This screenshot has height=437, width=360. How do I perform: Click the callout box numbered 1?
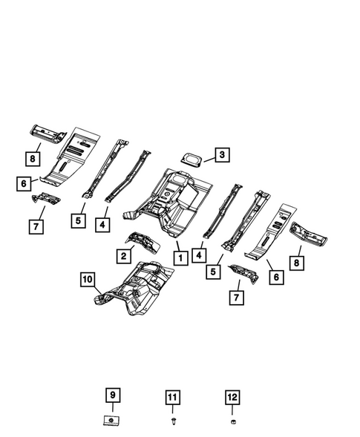tap(179, 257)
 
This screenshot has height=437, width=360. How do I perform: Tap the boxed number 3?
tap(223, 155)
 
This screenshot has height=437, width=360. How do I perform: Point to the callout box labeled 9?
tap(112, 395)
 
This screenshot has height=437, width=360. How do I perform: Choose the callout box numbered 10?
tap(88, 280)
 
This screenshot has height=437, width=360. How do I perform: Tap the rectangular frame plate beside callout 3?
tap(192, 158)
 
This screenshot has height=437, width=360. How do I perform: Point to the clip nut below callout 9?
tap(111, 421)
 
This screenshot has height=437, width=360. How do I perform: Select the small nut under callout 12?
tap(232, 421)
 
